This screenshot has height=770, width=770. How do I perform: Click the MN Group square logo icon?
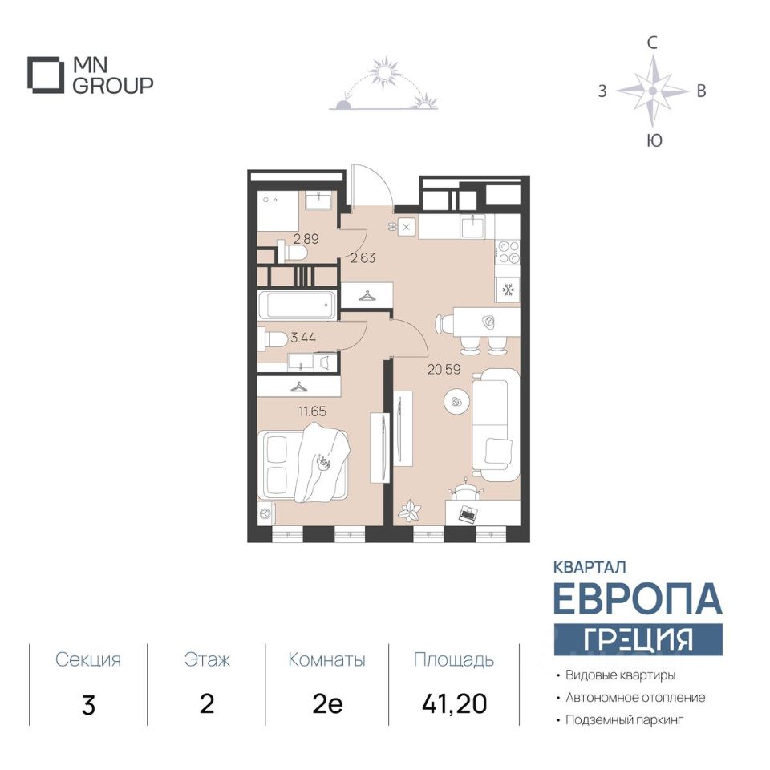click(46, 75)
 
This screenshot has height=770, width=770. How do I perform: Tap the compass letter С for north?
click(651, 43)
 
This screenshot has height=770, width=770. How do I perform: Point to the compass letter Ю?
click(654, 140)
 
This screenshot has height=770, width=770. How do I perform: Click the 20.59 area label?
click(444, 369)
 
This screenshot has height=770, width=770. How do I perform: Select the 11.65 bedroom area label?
click(312, 411)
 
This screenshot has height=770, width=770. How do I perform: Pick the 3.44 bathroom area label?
click(303, 338)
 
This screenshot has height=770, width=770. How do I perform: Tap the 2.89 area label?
click(306, 239)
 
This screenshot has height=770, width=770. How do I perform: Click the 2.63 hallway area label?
click(363, 257)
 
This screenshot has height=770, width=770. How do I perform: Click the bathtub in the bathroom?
click(298, 305)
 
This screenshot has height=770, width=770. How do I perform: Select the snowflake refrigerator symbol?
click(507, 290)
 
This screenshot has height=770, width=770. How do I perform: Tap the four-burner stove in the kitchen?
click(508, 253)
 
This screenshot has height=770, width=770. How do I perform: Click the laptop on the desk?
click(467, 514)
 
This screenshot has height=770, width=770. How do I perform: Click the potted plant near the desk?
click(409, 511)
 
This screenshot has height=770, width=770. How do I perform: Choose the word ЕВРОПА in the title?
click(638, 598)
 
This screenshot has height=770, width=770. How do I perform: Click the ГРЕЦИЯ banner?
click(638, 639)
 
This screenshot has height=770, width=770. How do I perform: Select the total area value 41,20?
click(454, 703)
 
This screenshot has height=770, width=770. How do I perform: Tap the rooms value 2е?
click(327, 704)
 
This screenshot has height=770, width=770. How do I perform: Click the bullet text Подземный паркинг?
click(625, 720)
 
